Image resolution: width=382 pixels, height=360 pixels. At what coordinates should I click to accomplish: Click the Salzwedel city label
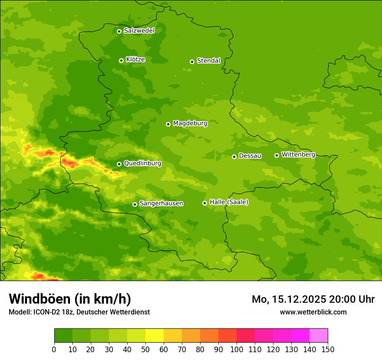(139, 31)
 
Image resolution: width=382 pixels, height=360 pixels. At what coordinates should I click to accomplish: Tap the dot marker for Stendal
(192, 62)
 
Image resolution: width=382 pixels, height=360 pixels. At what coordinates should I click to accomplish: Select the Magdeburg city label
(190, 124)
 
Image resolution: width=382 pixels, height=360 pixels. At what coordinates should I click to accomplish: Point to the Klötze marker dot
(121, 60)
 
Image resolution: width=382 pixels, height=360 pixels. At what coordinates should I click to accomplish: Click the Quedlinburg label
(142, 164)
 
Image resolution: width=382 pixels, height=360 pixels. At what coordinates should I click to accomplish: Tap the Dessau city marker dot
(234, 157)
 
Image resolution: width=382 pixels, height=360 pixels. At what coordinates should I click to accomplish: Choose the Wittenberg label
(298, 155)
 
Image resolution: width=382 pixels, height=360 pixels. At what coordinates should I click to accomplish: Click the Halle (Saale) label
(229, 202)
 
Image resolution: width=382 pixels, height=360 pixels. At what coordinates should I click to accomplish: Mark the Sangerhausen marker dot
(135, 204)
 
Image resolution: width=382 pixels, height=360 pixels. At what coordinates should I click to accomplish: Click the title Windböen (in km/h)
(69, 299)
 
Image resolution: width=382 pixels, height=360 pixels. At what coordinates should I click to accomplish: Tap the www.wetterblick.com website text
(313, 312)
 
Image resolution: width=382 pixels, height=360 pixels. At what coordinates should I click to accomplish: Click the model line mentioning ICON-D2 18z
(79, 312)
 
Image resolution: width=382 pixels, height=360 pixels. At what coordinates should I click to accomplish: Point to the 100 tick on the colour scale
(237, 349)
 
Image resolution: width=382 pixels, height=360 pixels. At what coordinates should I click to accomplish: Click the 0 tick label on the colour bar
(54, 349)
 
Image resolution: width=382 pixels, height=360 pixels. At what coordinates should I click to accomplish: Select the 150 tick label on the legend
(328, 349)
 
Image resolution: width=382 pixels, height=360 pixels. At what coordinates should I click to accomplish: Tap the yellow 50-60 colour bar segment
(155, 336)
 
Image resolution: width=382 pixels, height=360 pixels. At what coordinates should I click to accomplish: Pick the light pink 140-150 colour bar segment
(319, 336)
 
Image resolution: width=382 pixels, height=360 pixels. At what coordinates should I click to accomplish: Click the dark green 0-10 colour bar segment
(63, 336)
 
